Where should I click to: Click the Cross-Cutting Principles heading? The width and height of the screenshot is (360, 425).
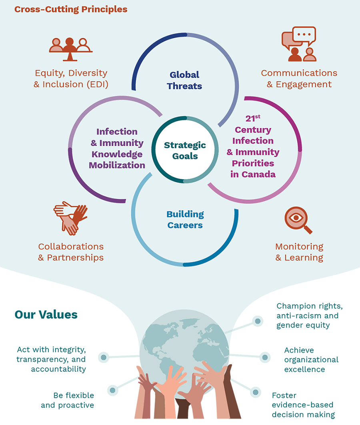(x=71, y=9)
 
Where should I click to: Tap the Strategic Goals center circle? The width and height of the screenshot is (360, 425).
(x=185, y=150)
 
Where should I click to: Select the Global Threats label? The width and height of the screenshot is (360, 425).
(x=184, y=80)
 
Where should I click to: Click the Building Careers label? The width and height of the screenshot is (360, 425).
(x=185, y=220)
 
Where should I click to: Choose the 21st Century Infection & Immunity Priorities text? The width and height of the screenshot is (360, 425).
(x=253, y=146)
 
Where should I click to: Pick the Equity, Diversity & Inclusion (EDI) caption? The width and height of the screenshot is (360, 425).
(x=71, y=79)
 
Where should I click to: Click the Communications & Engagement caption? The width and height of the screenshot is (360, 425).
(x=299, y=78)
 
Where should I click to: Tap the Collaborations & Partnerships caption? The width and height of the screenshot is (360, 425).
(x=71, y=252)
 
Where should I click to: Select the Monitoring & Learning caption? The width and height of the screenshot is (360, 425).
(x=299, y=252)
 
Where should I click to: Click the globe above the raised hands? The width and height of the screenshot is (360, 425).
(x=184, y=340)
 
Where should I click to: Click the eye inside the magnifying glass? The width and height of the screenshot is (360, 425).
(x=296, y=217)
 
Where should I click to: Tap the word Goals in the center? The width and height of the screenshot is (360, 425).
(x=185, y=156)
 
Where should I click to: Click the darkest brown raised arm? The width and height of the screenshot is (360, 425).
(x=234, y=396)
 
